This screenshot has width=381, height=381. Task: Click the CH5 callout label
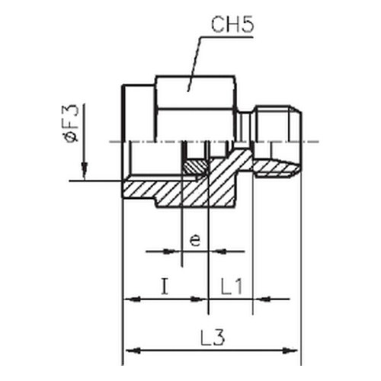tap(232, 25)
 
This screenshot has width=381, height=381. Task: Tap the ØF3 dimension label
tap(72, 123)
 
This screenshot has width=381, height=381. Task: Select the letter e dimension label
tap(195, 240)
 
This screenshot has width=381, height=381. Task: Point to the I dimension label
tap(165, 287)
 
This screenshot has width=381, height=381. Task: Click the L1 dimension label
tap(232, 287)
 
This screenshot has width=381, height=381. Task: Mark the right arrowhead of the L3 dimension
tap(290, 351)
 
